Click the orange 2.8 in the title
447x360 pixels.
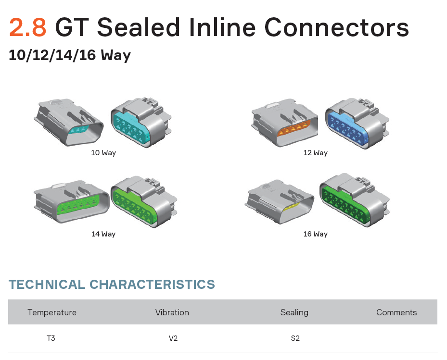coord(27,27)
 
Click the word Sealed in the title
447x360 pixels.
coord(138,27)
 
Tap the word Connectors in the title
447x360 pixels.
coord(337,27)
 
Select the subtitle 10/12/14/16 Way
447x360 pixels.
coord(70,55)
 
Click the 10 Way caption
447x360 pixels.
coord(103,153)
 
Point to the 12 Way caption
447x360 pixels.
coord(315,153)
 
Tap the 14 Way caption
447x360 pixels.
coord(103,234)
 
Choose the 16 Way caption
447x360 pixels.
coord(315,234)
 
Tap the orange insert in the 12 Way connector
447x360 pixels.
coord(294,129)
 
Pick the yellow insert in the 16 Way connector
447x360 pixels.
coord(292,207)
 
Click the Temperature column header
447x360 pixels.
coord(52,312)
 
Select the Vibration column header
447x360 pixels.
coord(172,312)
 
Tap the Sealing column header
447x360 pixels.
coord(294,312)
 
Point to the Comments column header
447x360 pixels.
coord(396,312)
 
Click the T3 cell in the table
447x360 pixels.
coord(51,338)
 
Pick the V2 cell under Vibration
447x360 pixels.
coord(173,338)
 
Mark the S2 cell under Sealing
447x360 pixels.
coord(295,338)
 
